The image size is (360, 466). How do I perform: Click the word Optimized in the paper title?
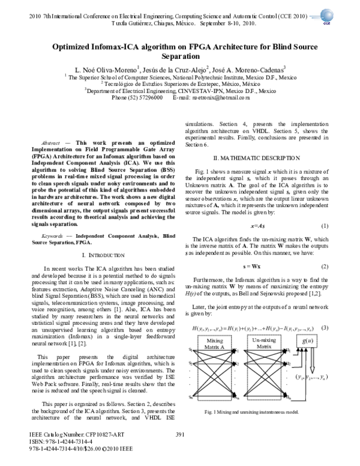77,47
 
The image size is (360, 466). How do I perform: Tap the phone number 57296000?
147,97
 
